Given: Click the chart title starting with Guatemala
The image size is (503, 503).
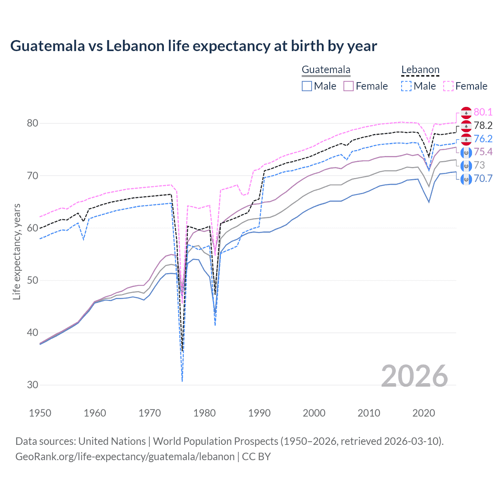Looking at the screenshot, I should click(x=193, y=46).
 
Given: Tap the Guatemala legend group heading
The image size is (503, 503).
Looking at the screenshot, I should click(x=326, y=70).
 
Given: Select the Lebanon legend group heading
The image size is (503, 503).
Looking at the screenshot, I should click(x=420, y=70).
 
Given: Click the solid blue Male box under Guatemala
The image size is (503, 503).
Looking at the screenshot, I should click(x=307, y=86).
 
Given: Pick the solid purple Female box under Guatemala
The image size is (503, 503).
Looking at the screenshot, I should click(x=349, y=86).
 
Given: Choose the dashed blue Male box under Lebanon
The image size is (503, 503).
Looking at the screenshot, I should click(x=406, y=86).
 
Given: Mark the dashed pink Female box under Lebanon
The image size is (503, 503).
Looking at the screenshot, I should click(x=448, y=86).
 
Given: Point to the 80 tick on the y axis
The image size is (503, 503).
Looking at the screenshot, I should click(x=32, y=123).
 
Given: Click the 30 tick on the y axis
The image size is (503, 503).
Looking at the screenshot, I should click(x=32, y=385).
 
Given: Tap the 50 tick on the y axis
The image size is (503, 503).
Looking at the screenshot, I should click(x=32, y=281).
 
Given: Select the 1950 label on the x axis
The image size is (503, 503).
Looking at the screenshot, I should click(x=40, y=413).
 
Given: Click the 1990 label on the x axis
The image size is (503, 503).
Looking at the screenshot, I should click(x=259, y=413).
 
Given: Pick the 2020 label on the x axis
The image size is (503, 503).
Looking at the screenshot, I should click(x=424, y=413).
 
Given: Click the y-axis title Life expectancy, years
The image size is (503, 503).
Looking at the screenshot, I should click(x=17, y=252).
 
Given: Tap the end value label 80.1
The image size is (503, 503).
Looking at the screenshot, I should click(x=483, y=112).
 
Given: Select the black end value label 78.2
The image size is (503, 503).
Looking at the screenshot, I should click(x=483, y=125).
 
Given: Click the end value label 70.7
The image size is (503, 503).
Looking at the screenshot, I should click(x=483, y=178).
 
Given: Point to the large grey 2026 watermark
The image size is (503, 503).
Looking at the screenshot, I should click(x=414, y=376).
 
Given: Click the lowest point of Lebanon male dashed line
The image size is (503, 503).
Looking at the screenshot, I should click(x=182, y=381).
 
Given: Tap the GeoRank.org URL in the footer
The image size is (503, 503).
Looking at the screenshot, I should click(x=125, y=457).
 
